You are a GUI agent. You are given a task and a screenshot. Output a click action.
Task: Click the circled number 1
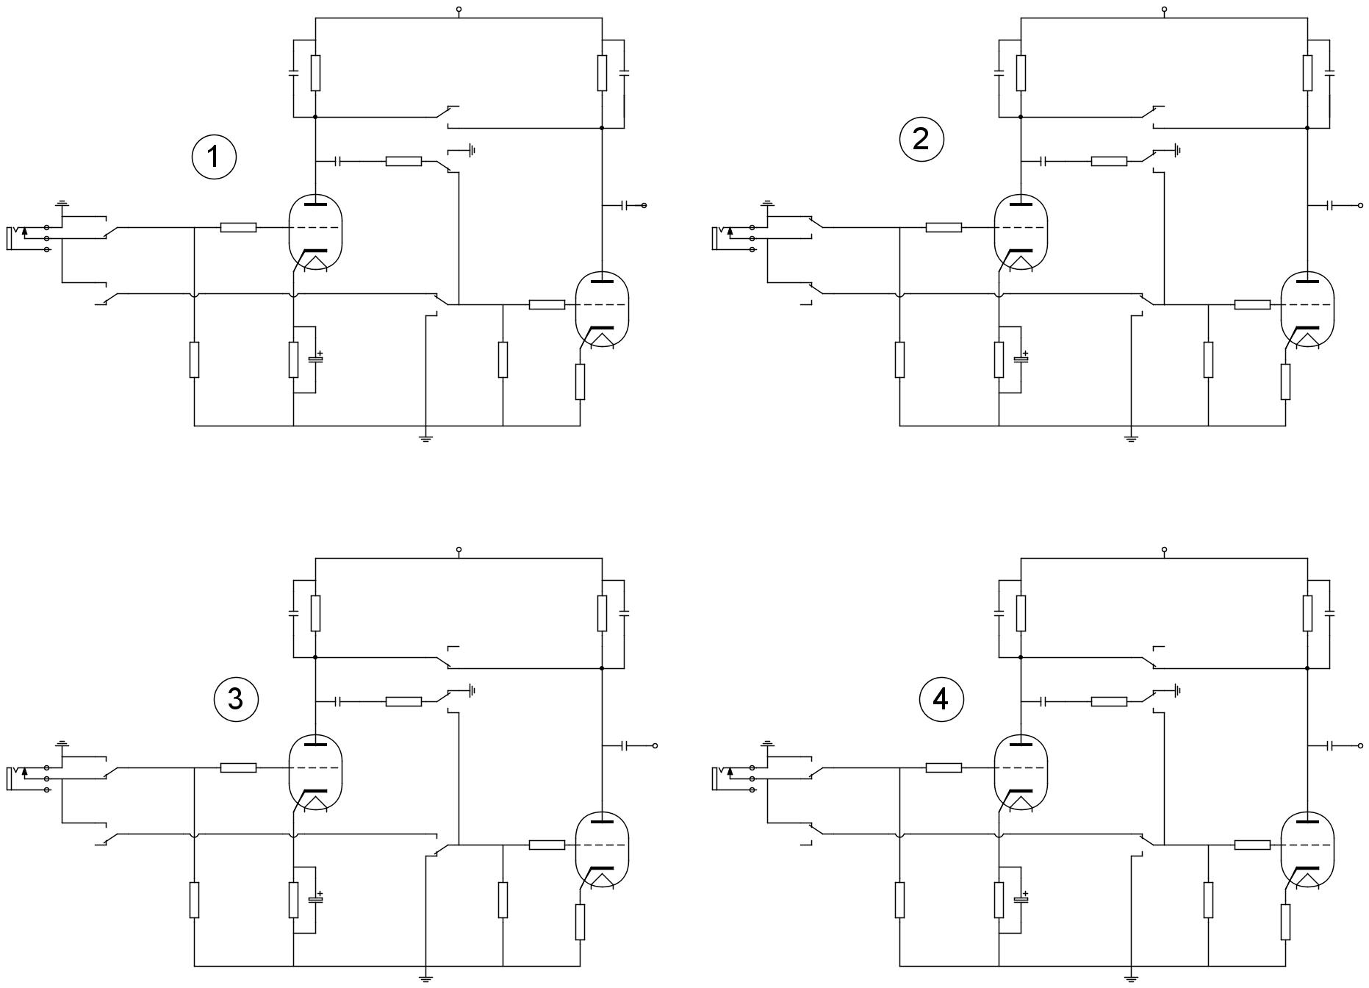[x=214, y=157]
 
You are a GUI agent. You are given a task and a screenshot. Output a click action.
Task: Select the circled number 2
[x=921, y=139]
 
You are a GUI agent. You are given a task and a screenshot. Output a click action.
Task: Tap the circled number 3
[x=235, y=698]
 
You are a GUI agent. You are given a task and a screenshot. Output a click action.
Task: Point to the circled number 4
[x=941, y=699]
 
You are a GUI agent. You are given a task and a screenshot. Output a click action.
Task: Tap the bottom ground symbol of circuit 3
[x=425, y=978]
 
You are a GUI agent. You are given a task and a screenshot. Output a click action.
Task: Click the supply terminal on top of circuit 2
[x=1164, y=10]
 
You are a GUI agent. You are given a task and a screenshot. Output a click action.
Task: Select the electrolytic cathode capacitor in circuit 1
[x=316, y=359]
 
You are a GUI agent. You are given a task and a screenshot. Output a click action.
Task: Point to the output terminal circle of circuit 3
[x=655, y=745]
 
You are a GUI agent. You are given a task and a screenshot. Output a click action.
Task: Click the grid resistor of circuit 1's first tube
[x=238, y=228]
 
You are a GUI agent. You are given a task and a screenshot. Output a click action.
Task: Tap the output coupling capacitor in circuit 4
[x=1331, y=745]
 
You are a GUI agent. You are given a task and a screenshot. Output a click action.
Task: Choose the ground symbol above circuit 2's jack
[x=768, y=202]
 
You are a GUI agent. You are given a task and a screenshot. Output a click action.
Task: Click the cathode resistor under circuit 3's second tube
[x=580, y=922]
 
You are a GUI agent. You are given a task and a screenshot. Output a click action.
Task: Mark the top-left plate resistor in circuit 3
[x=315, y=613]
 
